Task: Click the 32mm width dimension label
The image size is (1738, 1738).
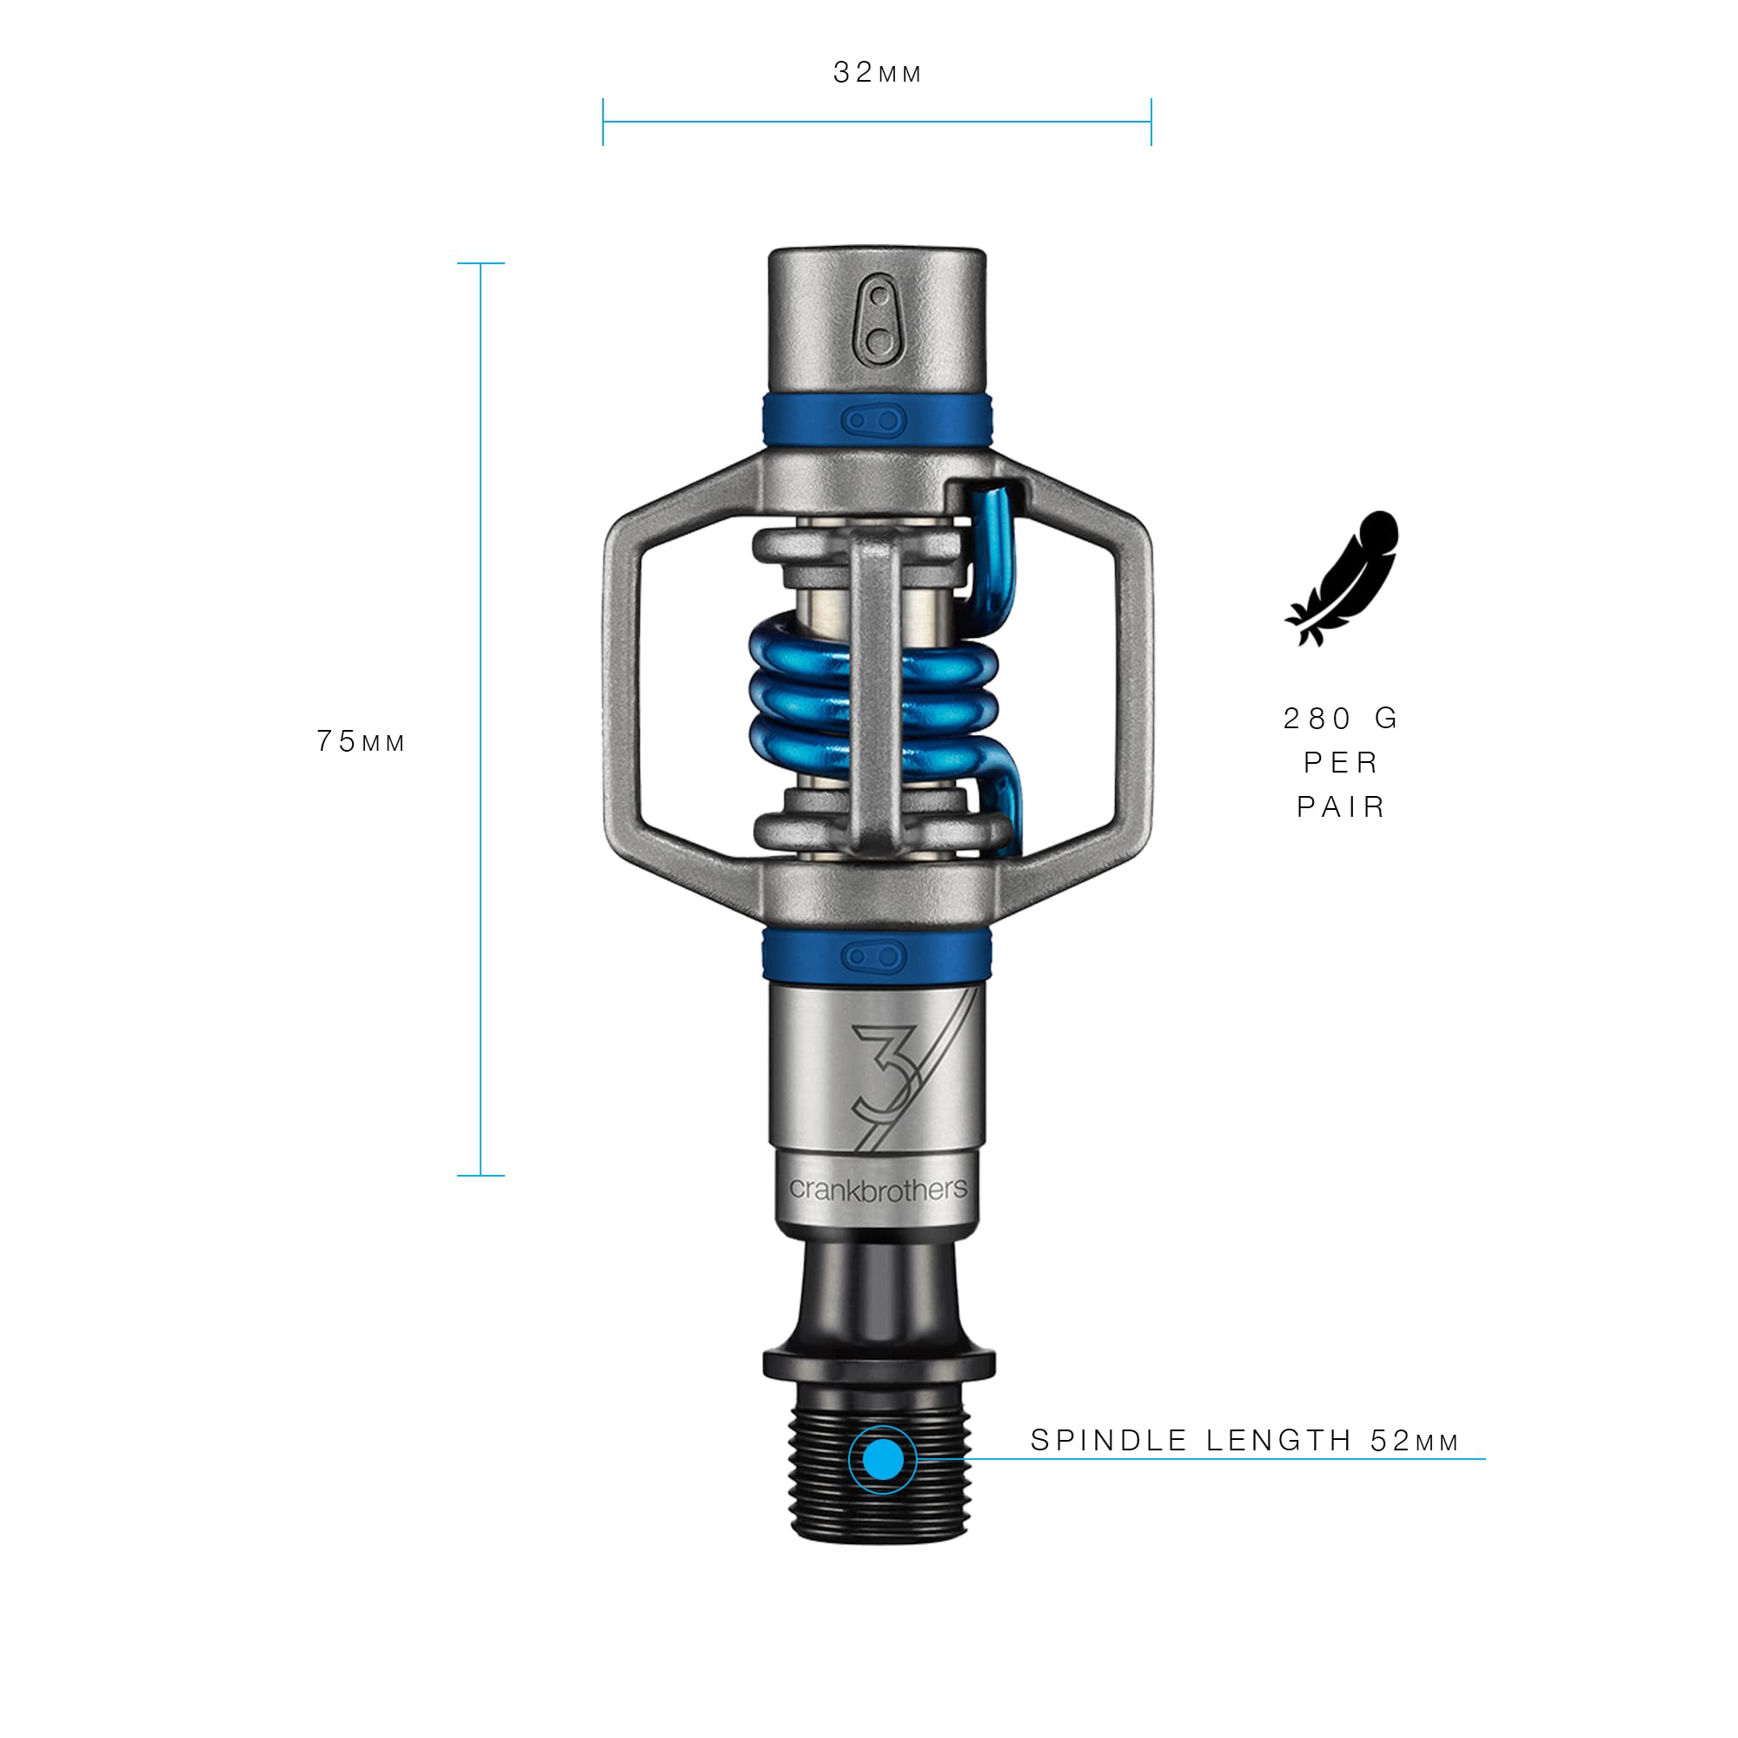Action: point(877,73)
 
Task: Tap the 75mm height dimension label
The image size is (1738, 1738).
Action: point(361,741)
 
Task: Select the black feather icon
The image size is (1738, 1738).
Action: point(1341,578)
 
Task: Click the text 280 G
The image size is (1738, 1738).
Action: point(1340,718)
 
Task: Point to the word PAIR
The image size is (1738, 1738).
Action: point(1340,807)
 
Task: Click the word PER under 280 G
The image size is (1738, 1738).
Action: point(1340,763)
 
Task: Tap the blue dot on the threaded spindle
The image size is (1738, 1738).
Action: point(883,1459)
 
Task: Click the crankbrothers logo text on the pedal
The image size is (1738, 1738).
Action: point(878,1190)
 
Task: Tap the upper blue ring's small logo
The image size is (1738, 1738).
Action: point(873,420)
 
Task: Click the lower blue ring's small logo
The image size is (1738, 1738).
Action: point(873,956)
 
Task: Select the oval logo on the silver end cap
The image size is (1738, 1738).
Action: point(879,321)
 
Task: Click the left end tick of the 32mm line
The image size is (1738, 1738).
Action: point(603,122)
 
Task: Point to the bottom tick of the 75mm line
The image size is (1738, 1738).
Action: point(481,1175)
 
